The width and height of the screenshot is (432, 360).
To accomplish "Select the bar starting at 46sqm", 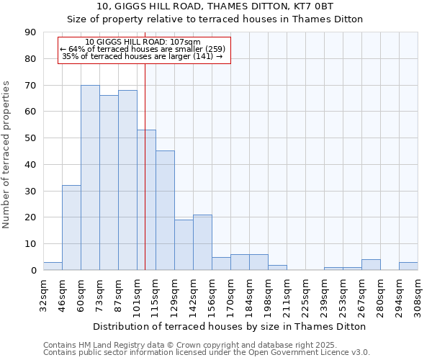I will [x=71, y=228].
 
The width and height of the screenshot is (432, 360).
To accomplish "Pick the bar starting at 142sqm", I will [x=202, y=243].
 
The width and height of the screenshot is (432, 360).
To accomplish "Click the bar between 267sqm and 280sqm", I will [x=371, y=265].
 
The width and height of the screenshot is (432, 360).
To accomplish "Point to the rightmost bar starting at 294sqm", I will [x=408, y=266].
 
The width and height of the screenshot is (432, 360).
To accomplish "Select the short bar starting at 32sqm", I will [x=53, y=266].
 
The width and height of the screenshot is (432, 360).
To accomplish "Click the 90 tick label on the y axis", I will [x=30, y=32].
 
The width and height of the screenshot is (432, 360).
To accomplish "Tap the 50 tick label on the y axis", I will [x=30, y=138].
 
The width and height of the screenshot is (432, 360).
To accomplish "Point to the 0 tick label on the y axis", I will [x=33, y=271].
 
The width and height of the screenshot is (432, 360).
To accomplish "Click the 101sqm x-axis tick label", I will [x=137, y=294].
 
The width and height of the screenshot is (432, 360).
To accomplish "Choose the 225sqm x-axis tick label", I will [x=305, y=294].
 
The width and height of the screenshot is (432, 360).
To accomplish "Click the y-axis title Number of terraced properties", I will [x=7, y=154].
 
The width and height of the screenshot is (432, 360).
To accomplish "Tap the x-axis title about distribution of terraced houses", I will [x=230, y=326].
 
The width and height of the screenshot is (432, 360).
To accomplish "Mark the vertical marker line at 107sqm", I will [x=145, y=180].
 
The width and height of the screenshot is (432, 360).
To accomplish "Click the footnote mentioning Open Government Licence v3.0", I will [x=207, y=352].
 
